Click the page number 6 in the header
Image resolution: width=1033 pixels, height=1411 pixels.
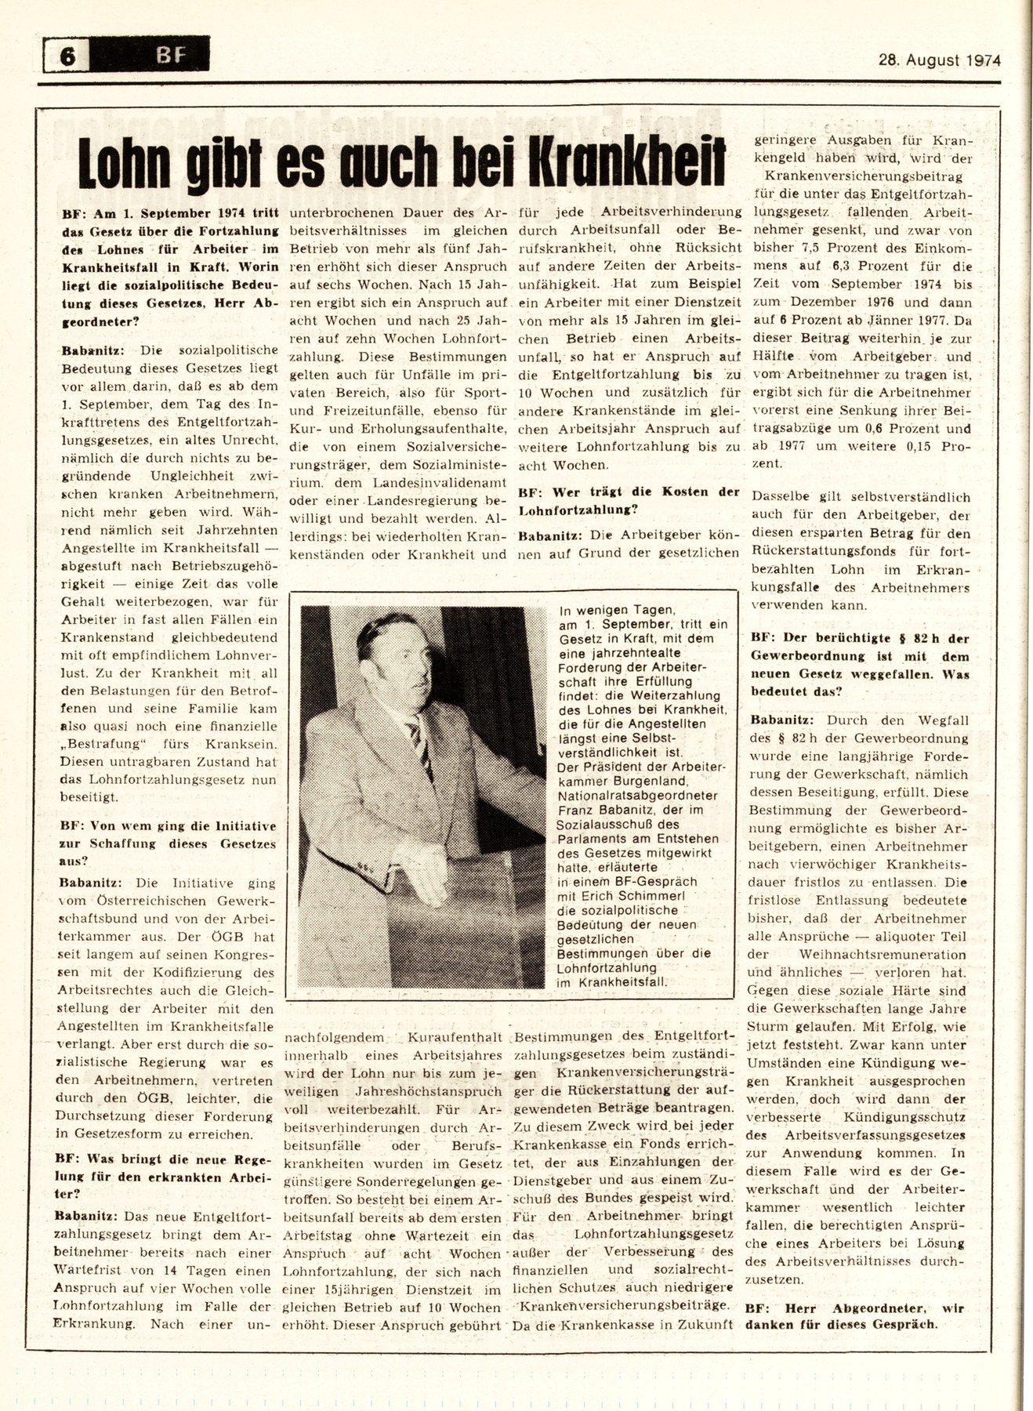67,56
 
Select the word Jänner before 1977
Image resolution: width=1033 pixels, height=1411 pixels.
886,320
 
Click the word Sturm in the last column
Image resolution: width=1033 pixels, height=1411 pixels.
771,1025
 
